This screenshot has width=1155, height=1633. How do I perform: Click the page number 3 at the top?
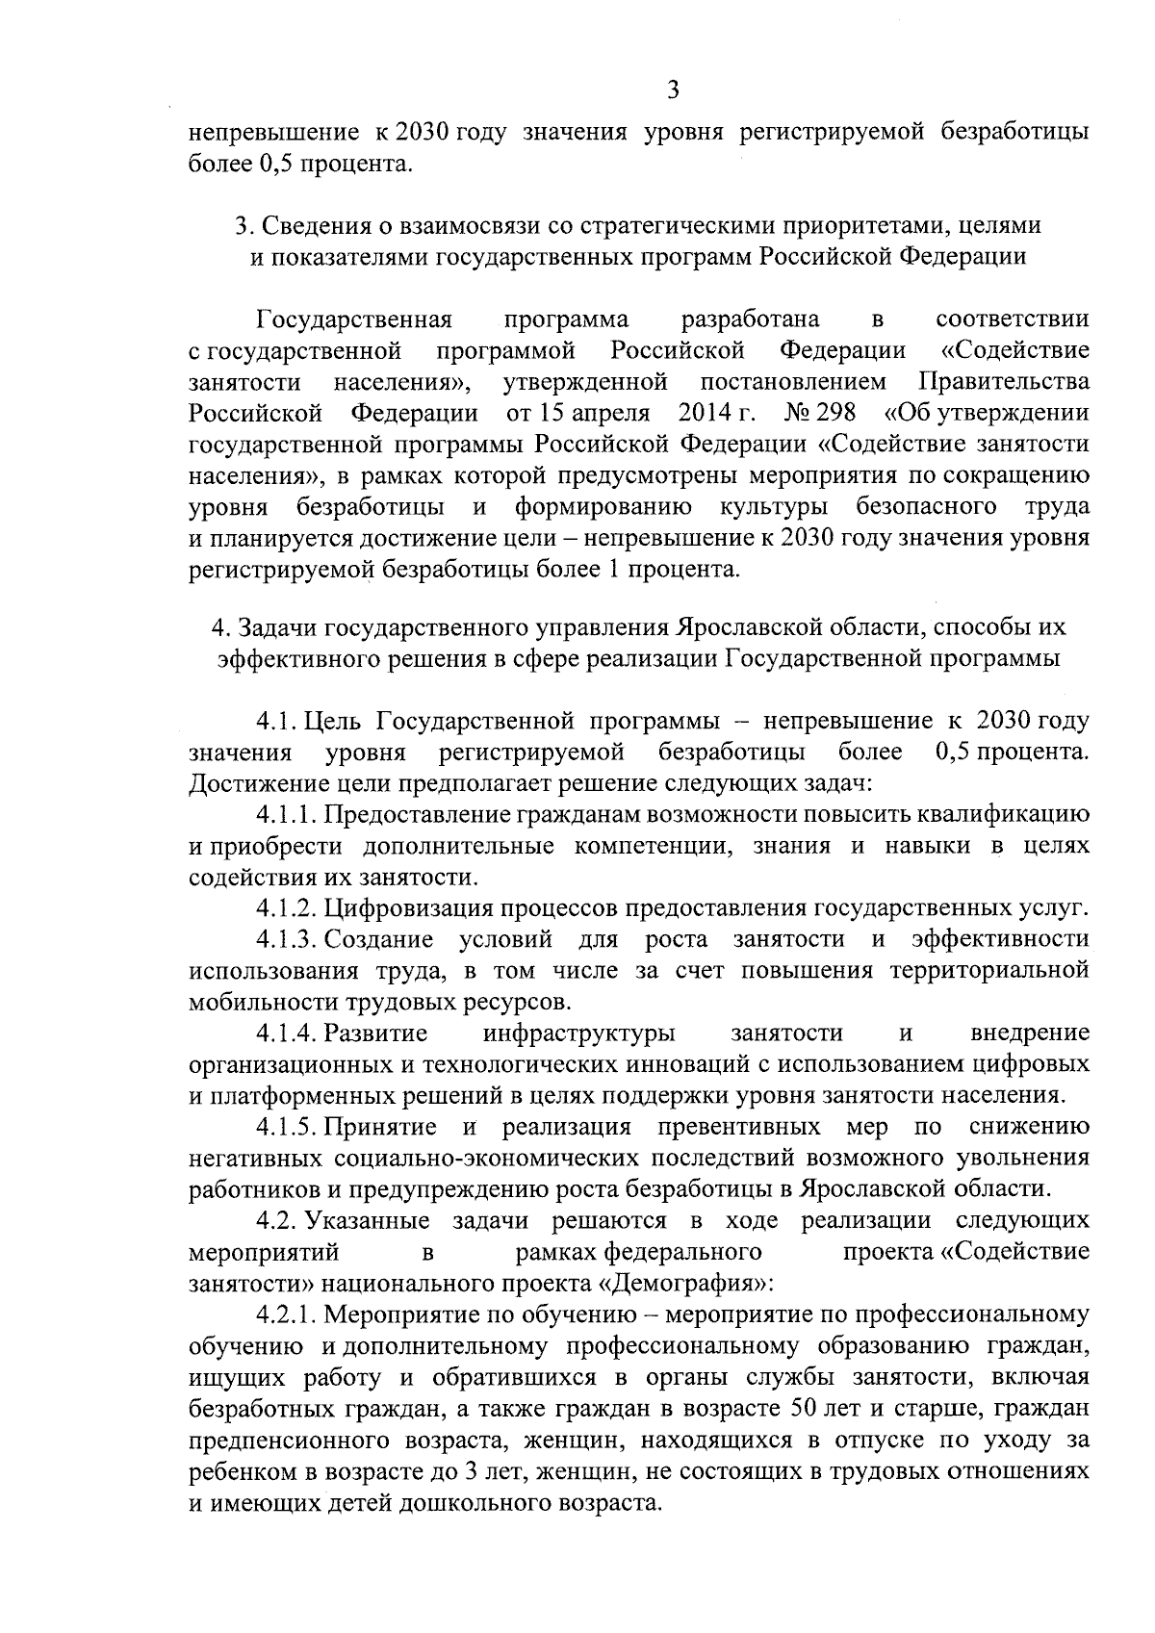click(673, 90)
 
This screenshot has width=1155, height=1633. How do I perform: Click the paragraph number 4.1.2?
click(286, 906)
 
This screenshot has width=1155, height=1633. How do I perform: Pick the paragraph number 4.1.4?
click(286, 1033)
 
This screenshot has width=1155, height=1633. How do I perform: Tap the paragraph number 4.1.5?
click(286, 1126)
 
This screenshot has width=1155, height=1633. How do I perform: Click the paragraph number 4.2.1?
click(286, 1314)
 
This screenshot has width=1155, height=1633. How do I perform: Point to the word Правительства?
click(1004, 381)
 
